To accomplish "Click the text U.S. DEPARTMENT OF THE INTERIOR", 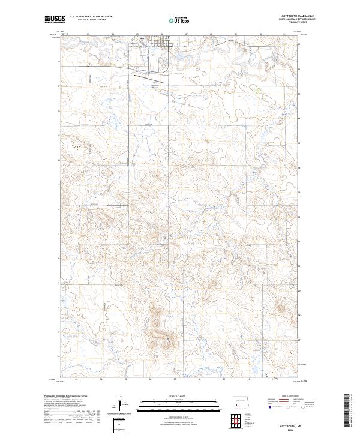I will [90, 16].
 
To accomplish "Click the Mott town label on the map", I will [142, 41].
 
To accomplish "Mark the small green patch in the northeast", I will [256, 88].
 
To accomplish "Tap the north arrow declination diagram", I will [121, 403].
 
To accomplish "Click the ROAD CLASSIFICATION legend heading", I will [287, 397].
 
